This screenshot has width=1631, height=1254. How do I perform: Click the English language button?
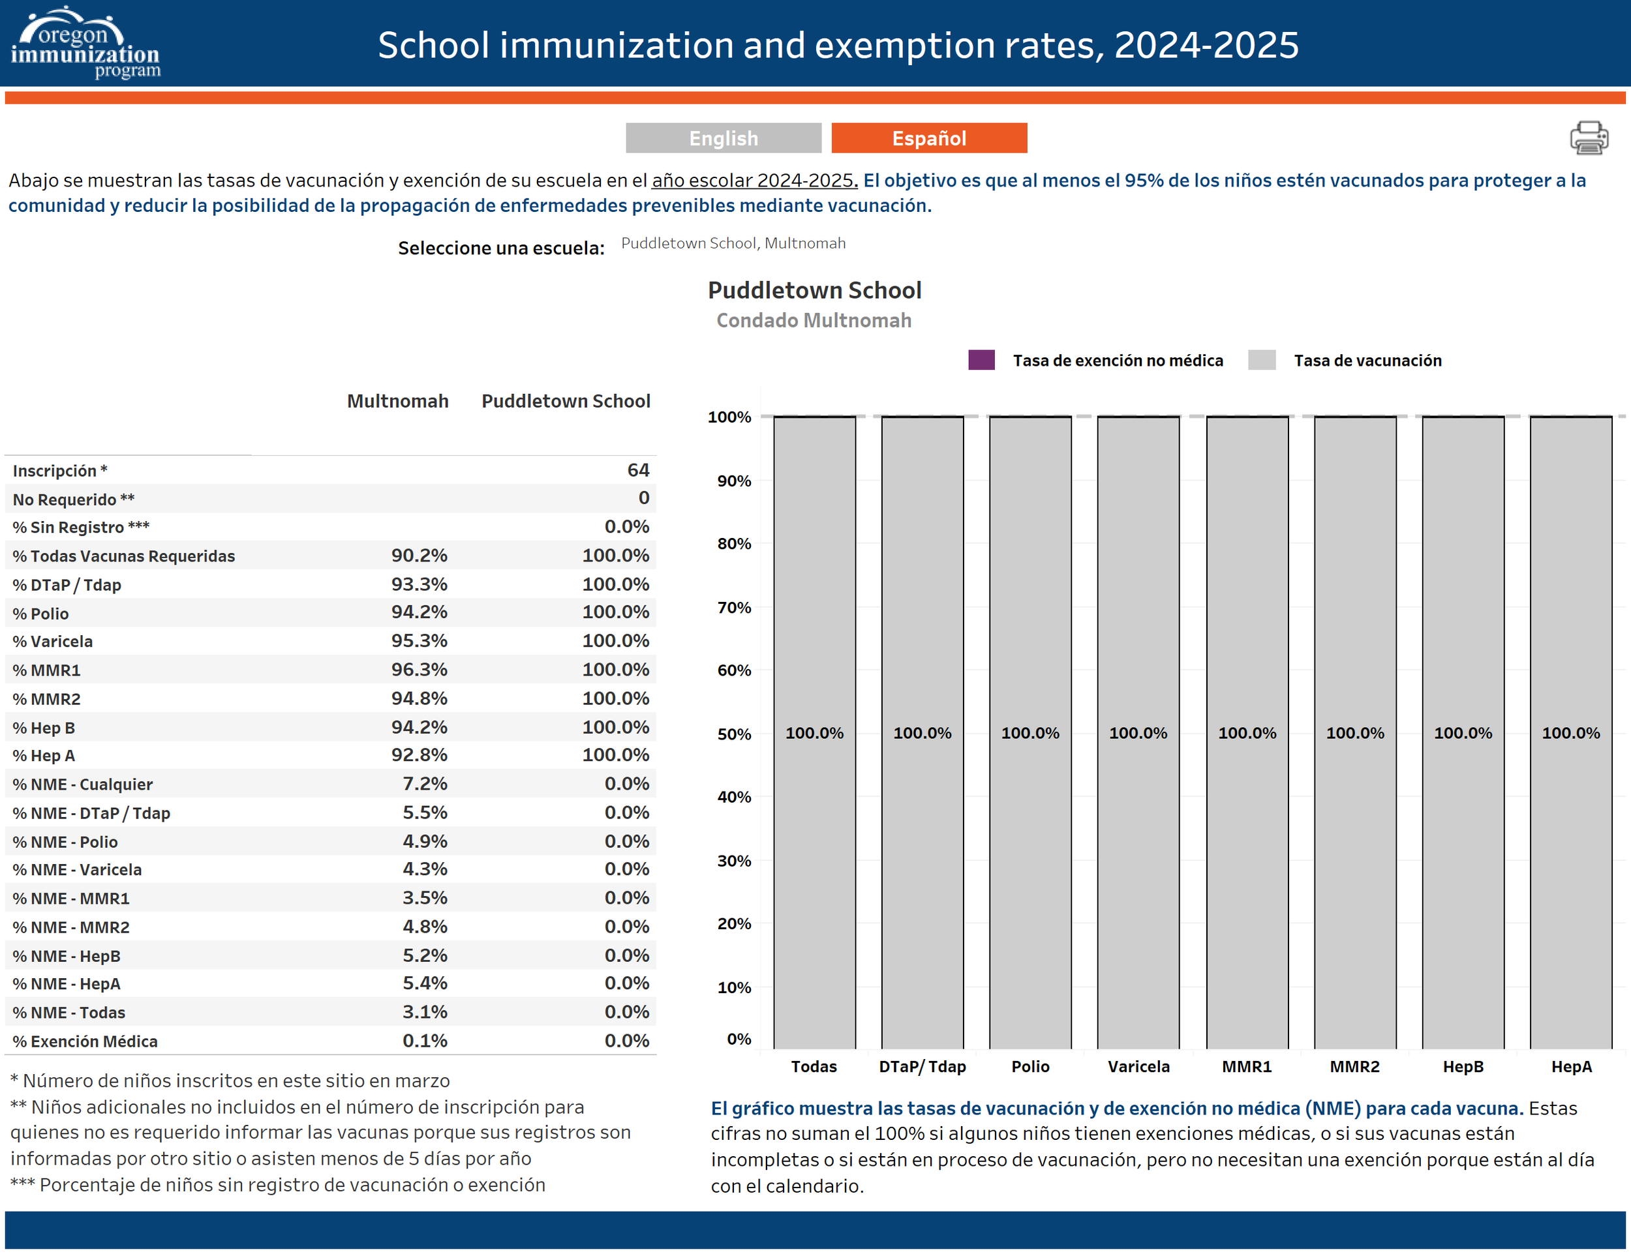click(723, 138)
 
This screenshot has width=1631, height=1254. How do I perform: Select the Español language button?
click(929, 138)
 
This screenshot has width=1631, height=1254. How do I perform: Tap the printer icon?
click(1589, 138)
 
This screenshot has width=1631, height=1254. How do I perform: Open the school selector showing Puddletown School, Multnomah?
click(733, 243)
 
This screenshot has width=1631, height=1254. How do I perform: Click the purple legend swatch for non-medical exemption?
click(981, 361)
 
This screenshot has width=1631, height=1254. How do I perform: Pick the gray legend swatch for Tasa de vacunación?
click(1261, 361)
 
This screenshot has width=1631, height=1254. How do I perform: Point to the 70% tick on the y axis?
click(734, 608)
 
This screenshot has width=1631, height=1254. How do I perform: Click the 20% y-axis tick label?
click(734, 924)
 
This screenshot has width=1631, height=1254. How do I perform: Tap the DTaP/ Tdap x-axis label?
click(922, 1067)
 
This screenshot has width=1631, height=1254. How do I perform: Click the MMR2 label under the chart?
click(1354, 1067)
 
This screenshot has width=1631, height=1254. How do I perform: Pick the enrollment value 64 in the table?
click(638, 470)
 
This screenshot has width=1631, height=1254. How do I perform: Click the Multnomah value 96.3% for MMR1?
click(419, 670)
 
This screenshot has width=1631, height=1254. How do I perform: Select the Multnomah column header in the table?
click(397, 402)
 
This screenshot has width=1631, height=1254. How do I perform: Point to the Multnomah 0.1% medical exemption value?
click(425, 1041)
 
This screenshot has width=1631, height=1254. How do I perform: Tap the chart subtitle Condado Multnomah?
click(814, 321)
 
